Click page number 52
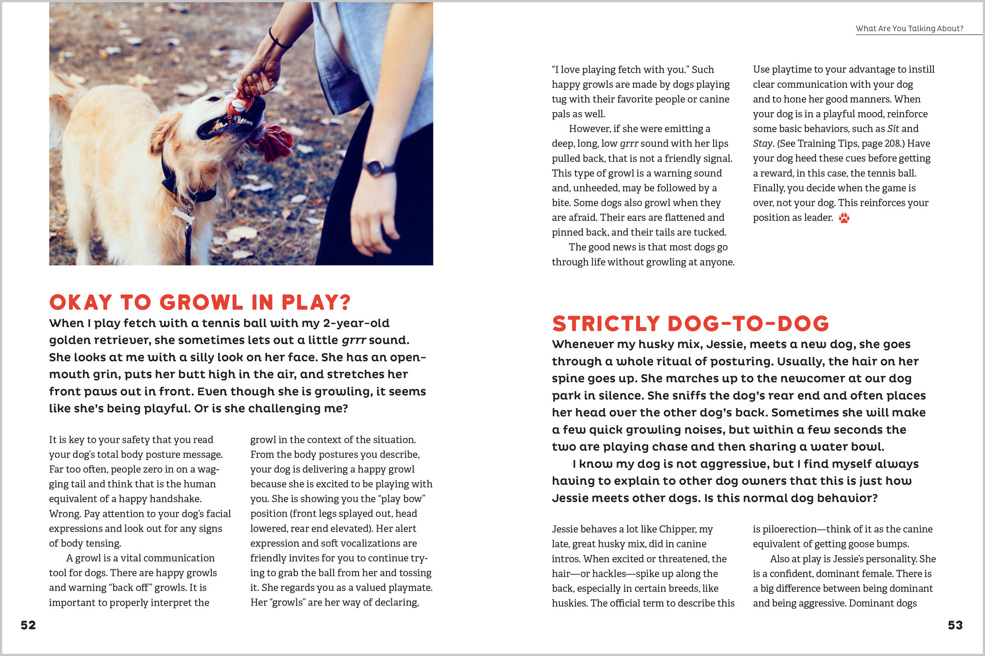(28, 625)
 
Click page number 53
(955, 625)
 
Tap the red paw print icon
(844, 218)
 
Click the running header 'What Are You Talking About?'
(909, 28)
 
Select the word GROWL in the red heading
(201, 302)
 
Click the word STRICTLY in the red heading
(606, 324)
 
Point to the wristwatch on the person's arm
(376, 168)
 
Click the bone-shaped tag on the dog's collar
(183, 215)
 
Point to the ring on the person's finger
(375, 231)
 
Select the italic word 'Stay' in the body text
(762, 143)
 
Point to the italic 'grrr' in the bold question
(354, 340)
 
